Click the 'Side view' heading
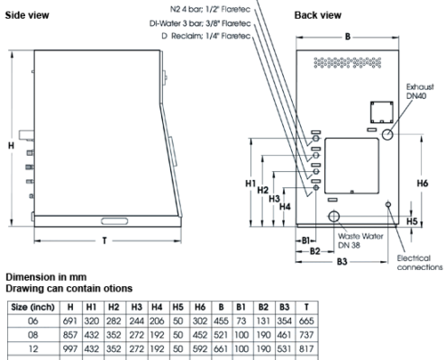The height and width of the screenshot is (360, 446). [x=27, y=15]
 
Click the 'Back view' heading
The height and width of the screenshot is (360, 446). [x=318, y=15]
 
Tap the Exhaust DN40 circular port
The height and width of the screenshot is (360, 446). [x=387, y=134]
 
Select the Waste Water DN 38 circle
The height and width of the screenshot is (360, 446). [x=333, y=216]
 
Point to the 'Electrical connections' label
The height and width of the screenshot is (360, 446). [x=420, y=263]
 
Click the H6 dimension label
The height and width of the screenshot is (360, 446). [x=422, y=183]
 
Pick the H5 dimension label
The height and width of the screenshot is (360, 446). [x=412, y=221]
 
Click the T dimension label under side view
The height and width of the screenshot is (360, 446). [x=105, y=240]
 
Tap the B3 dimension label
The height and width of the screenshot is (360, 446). [x=341, y=262]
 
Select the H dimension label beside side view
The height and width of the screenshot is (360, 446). [x=11, y=146]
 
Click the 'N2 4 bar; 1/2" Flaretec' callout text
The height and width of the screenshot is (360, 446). [x=210, y=9]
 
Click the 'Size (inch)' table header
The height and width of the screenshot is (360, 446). [x=33, y=307]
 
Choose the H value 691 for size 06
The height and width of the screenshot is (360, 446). [x=70, y=321]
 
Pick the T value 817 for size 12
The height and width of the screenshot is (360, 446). [x=306, y=348]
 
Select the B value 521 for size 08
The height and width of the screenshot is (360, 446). [x=221, y=335]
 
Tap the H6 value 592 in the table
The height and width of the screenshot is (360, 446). [x=200, y=348]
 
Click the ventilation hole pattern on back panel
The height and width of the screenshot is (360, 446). [x=348, y=63]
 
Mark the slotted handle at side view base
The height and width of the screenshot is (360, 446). [x=114, y=221]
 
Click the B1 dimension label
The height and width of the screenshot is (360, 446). [x=305, y=240]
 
